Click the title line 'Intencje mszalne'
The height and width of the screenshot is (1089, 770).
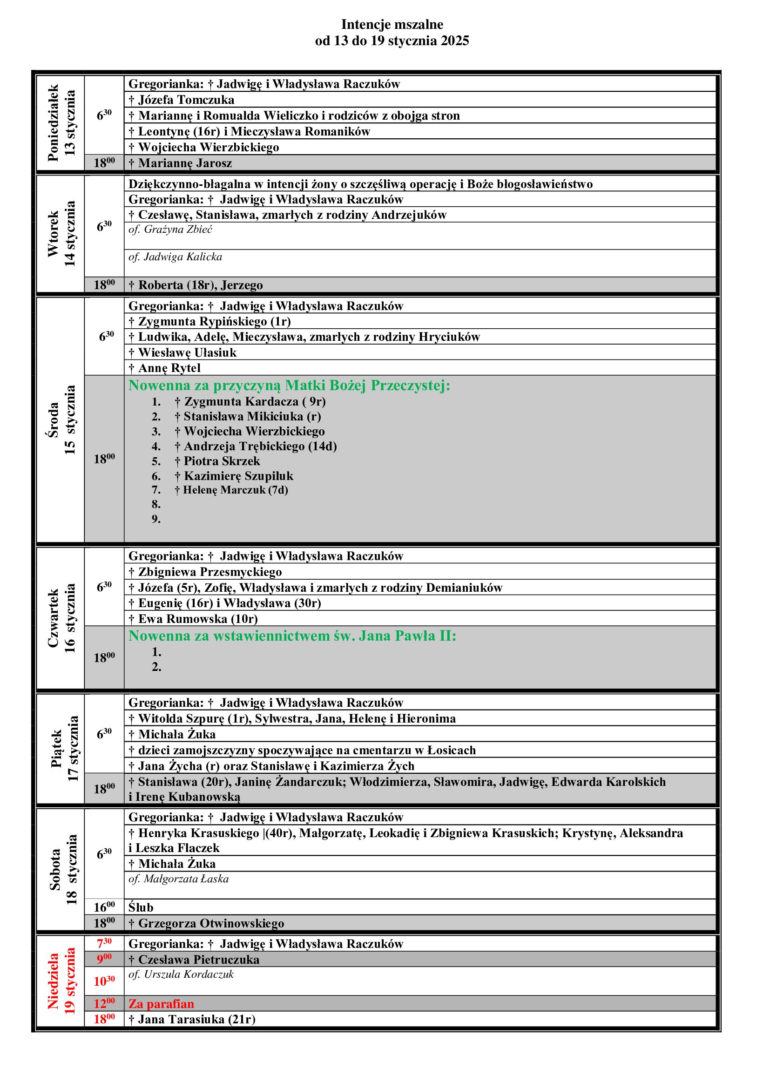tap(392, 25)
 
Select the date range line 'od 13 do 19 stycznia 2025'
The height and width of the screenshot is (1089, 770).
tap(392, 41)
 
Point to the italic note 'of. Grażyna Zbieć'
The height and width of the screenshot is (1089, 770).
tap(170, 230)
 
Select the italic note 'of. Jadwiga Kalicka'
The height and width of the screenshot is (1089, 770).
tap(175, 257)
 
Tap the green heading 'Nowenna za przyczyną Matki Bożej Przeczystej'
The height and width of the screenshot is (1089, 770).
tap(289, 386)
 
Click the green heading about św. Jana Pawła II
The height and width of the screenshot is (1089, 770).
tap(292, 636)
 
